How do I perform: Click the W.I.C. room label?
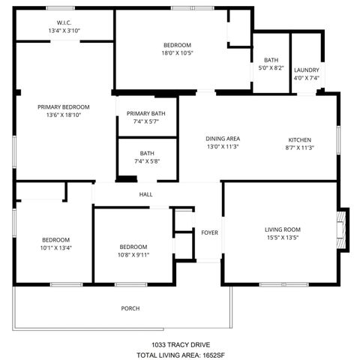[x=64, y=22]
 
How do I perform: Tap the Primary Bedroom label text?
[x=64, y=107]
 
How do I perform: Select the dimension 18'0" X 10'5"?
[x=177, y=52]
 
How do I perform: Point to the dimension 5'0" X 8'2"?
[x=271, y=68]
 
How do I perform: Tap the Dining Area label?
[x=223, y=139]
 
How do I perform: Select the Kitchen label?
[x=300, y=139]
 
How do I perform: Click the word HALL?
[x=145, y=195]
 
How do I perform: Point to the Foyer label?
[x=209, y=232]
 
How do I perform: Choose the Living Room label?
[x=282, y=229]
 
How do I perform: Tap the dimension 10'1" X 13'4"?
[x=56, y=247]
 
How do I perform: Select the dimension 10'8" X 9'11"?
[x=133, y=254]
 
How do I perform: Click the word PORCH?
[x=130, y=308]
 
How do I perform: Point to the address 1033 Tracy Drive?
[x=181, y=344]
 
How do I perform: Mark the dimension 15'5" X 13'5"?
[x=282, y=238]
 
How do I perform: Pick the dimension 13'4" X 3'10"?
[x=64, y=31]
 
